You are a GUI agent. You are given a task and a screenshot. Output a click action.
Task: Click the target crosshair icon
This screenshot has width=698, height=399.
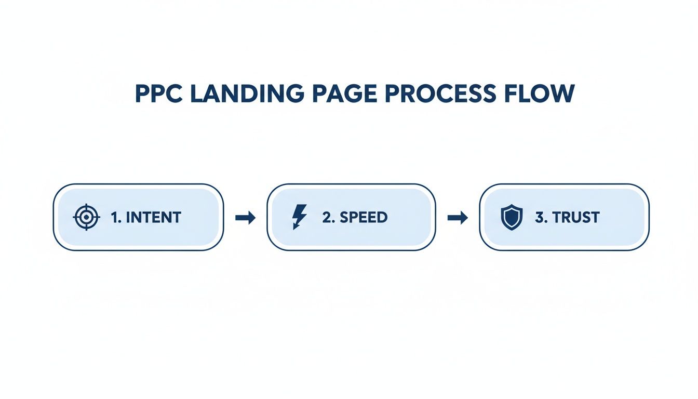tap(86, 217)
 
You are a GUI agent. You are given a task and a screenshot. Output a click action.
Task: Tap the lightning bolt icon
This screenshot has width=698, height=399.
tap(300, 217)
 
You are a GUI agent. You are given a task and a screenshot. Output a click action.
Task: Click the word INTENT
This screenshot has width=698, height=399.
tap(153, 217)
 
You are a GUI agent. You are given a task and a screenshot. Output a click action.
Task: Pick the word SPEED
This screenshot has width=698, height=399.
tap(364, 217)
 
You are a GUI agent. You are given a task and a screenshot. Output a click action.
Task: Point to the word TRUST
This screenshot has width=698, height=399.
tap(576, 217)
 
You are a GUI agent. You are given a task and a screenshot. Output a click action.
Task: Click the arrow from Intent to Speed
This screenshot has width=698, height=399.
tap(245, 218)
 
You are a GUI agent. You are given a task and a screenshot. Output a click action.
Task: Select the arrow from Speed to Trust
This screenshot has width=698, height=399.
tap(458, 218)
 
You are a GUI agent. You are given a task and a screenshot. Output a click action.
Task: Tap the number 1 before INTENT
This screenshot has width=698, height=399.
tap(115, 217)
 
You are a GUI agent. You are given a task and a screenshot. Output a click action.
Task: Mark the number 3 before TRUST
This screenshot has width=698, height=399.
tap(539, 217)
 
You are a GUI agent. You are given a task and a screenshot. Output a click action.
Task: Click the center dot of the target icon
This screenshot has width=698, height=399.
tap(86, 217)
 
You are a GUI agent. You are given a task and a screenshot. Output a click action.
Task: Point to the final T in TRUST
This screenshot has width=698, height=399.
tap(595, 217)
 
